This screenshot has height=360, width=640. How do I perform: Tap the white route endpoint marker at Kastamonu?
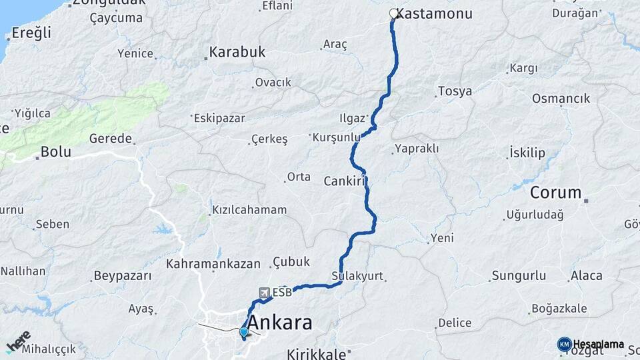tap(393, 13)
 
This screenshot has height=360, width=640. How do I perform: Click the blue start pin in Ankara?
tap(244, 332)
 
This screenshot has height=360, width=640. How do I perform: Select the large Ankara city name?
tap(279, 323)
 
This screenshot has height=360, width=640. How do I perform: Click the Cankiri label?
tap(346, 181)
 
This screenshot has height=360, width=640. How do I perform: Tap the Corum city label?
tap(556, 193)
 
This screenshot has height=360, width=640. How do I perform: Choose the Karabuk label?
tap(237, 51)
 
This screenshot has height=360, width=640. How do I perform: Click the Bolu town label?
tap(55, 151)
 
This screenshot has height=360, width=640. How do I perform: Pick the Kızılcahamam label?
tap(249, 210)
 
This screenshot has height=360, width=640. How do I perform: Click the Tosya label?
tap(455, 91)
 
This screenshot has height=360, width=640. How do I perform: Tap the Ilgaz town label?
tap(352, 119)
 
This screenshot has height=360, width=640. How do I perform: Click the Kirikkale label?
tap(317, 353)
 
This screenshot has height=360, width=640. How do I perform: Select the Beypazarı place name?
tap(123, 275)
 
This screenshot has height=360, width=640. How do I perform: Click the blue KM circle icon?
tap(564, 344)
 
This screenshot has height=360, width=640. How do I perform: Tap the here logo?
tap(19, 341)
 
